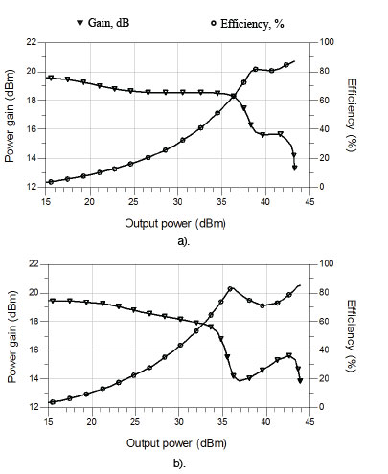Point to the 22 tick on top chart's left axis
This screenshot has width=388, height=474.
pos(32,42)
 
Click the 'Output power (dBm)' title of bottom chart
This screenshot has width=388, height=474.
pos(178,443)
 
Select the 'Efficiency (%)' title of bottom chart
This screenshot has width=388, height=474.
pos(354,335)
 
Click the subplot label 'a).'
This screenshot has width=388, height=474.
pos(178,242)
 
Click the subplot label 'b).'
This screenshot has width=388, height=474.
pos(178,463)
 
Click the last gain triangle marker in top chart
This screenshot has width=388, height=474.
pos(294,167)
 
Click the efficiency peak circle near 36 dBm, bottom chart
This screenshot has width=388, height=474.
pos(231,288)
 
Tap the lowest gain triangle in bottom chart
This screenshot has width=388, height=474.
pos(300,381)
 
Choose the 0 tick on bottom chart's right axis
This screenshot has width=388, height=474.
pos(326,407)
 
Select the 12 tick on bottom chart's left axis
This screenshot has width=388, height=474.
pos(32,407)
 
